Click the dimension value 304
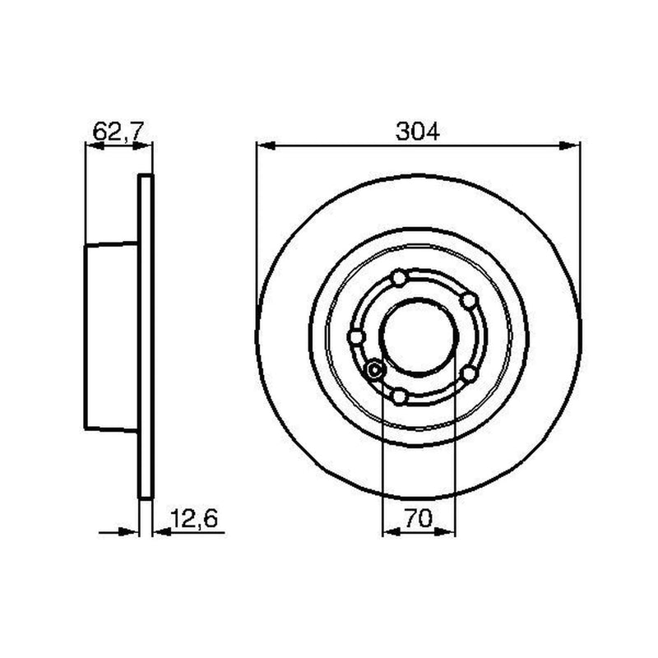point(418,132)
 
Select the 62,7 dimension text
point(118,132)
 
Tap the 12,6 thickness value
point(194,518)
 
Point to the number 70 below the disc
point(419,518)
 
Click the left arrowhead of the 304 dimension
point(266,146)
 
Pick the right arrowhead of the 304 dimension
point(570,146)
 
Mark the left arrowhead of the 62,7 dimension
point(95,146)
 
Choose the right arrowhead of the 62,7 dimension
point(142,146)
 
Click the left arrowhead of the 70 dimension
point(393,532)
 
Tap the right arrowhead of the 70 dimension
point(445,532)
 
